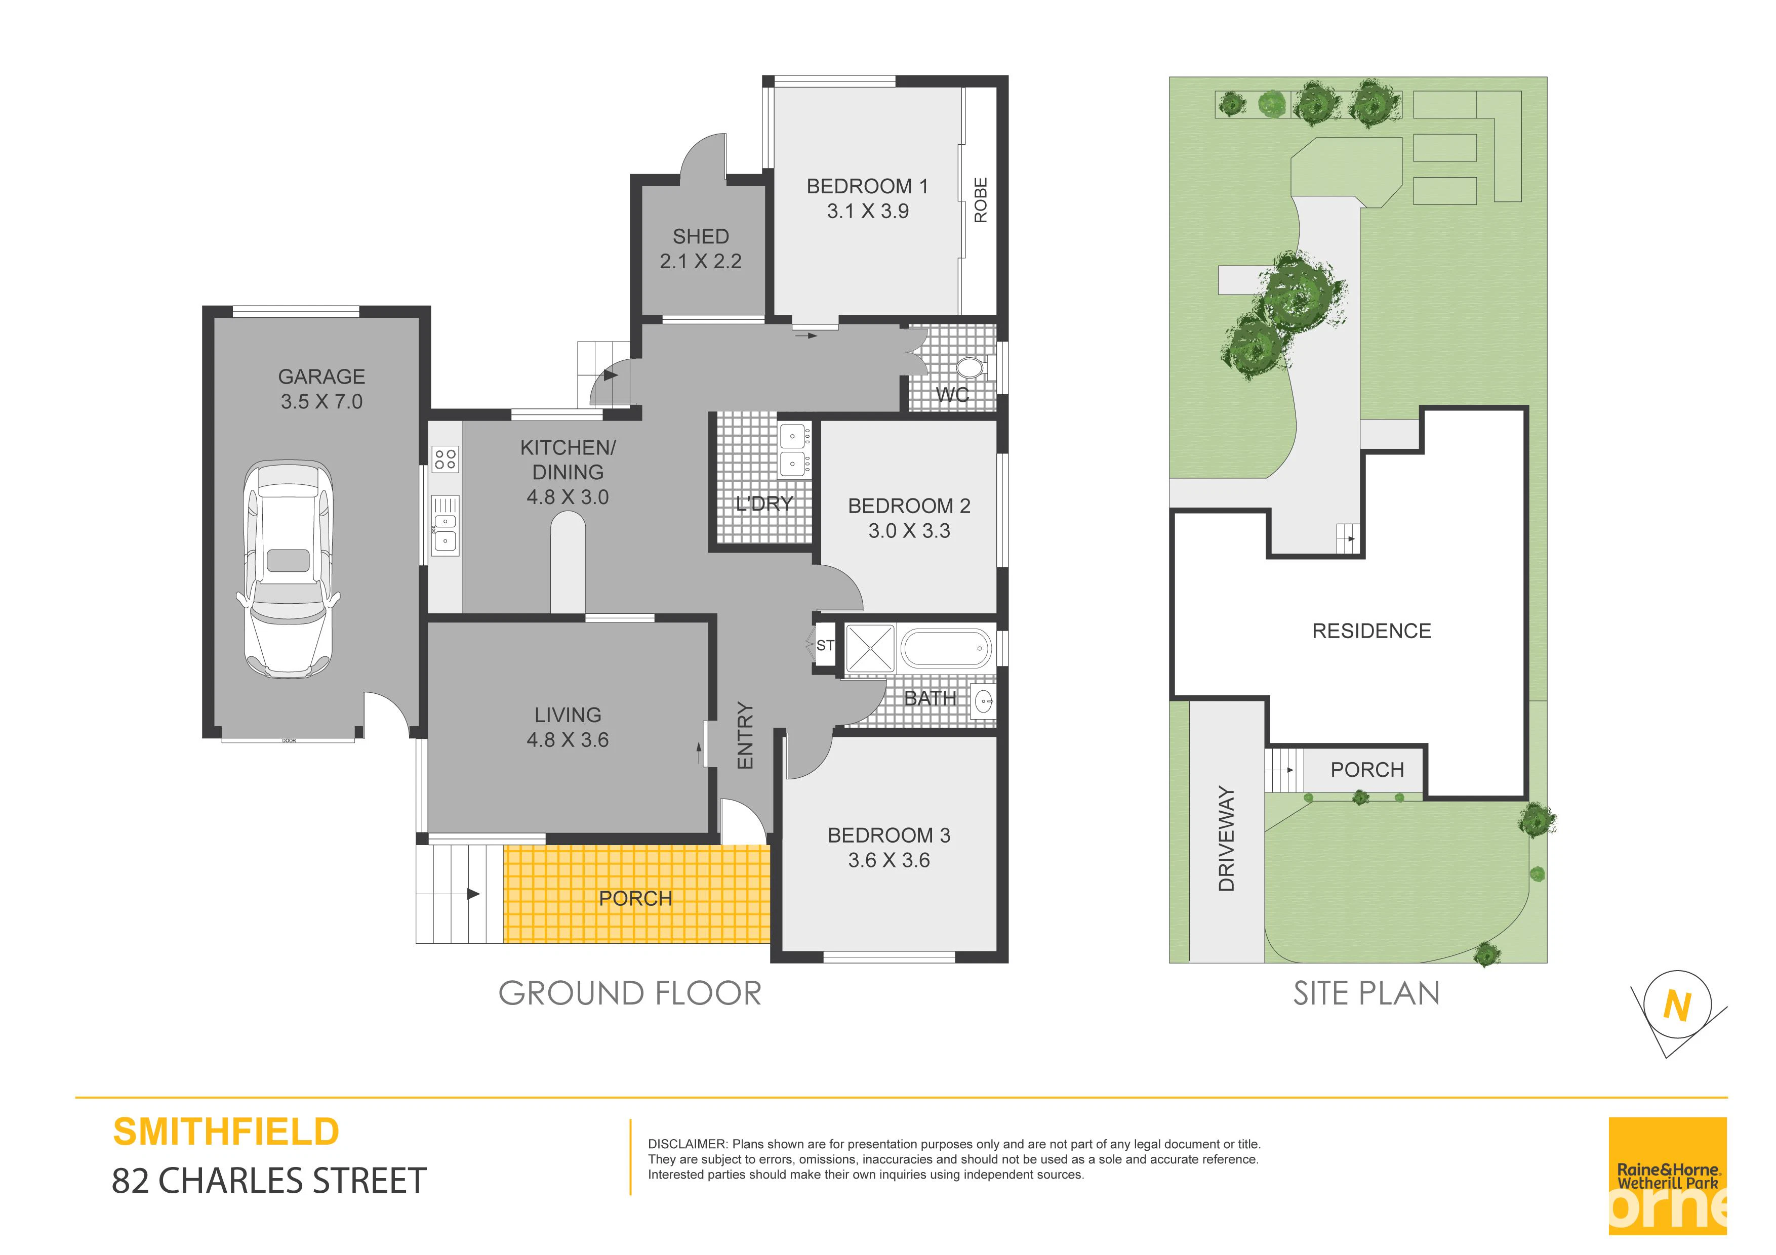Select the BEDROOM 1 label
point(867,186)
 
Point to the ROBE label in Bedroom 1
point(981,200)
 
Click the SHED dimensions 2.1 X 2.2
point(701,261)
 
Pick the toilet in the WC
point(970,368)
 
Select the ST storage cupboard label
point(825,645)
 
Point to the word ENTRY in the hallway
point(745,735)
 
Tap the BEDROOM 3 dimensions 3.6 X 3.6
point(889,860)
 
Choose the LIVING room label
point(568,715)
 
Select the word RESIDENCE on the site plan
point(1371,631)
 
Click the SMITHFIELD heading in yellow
point(226,1132)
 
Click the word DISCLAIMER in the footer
point(687,1144)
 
